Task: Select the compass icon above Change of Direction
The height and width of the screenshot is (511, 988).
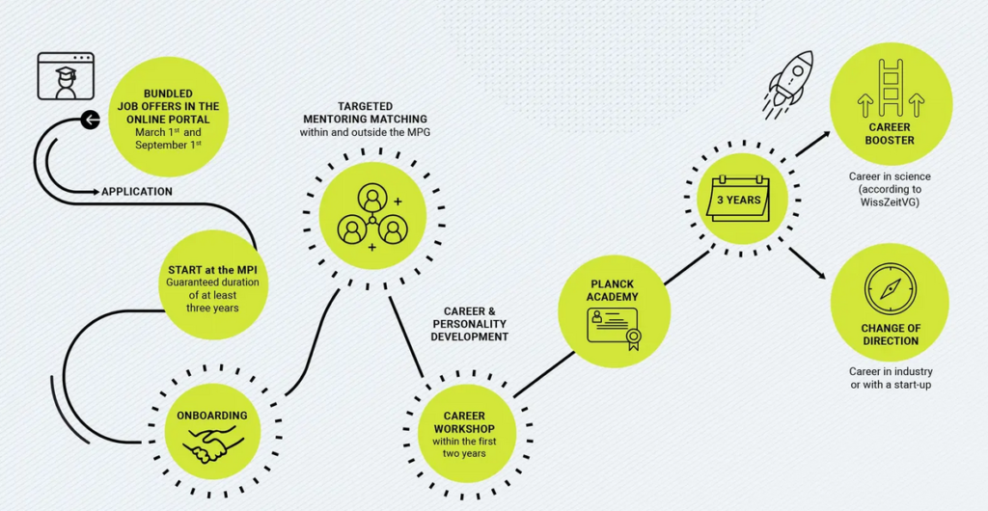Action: pyautogui.click(x=889, y=287)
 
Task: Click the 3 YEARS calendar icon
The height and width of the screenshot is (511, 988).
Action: pyautogui.click(x=740, y=200)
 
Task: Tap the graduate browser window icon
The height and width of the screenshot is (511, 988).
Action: pyautogui.click(x=66, y=77)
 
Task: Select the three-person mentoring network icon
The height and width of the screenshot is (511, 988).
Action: pyautogui.click(x=371, y=217)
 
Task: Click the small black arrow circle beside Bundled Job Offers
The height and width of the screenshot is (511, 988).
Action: pyautogui.click(x=90, y=121)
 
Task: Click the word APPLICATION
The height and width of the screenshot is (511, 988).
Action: pyautogui.click(x=137, y=192)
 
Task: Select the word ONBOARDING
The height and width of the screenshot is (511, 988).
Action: pyautogui.click(x=212, y=416)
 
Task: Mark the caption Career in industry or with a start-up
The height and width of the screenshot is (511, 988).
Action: pyautogui.click(x=890, y=378)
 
